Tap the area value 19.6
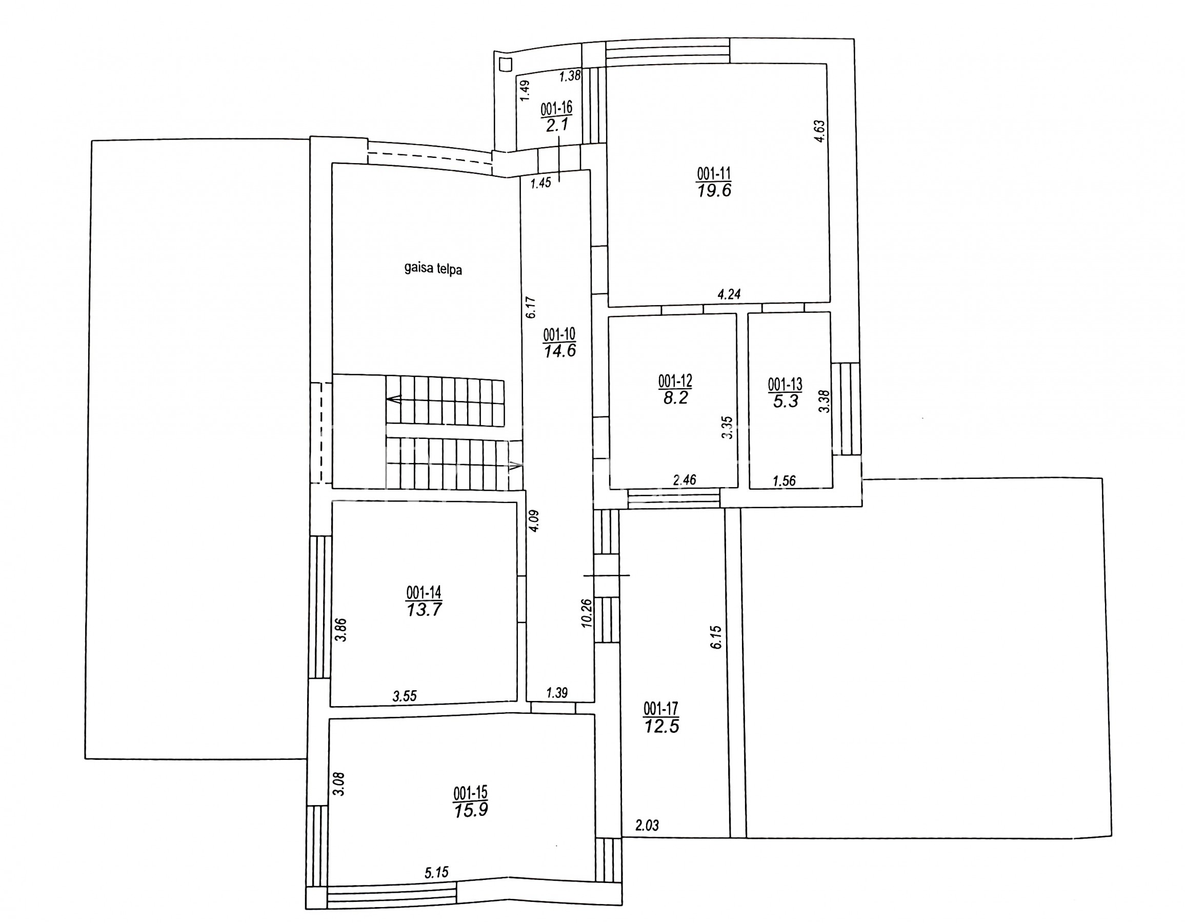pyautogui.click(x=714, y=190)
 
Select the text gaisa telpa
pyautogui.click(x=433, y=269)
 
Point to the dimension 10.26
pyautogui.click(x=587, y=613)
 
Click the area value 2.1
pyautogui.click(x=557, y=125)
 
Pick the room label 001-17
pyautogui.click(x=661, y=709)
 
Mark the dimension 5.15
pyautogui.click(x=436, y=873)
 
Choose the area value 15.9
pyautogui.click(x=470, y=810)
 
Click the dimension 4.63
pyautogui.click(x=819, y=131)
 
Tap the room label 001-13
pyautogui.click(x=785, y=385)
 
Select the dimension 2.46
pyautogui.click(x=684, y=479)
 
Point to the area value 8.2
pyautogui.click(x=675, y=398)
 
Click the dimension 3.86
pyautogui.click(x=341, y=630)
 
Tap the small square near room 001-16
pyautogui.click(x=505, y=65)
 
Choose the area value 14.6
pyautogui.click(x=560, y=351)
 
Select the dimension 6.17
pyautogui.click(x=531, y=307)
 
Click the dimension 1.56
pyautogui.click(x=784, y=481)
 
